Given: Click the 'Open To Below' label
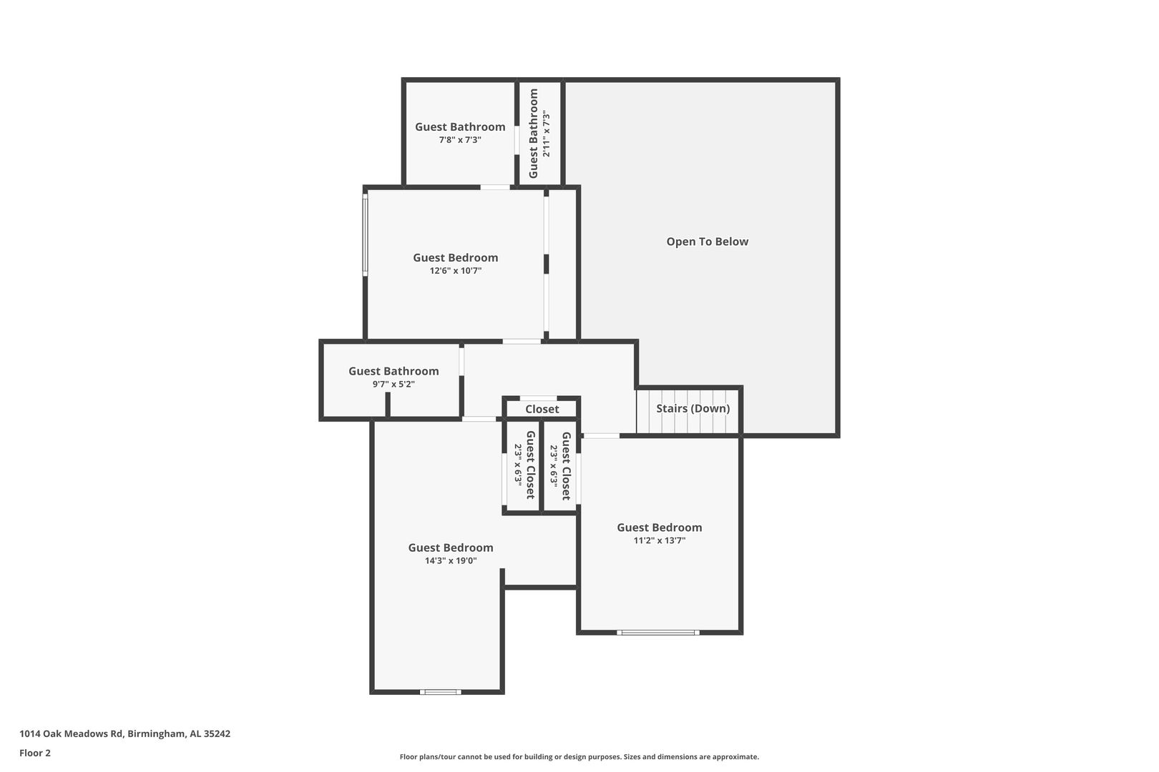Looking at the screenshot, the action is pos(707,242).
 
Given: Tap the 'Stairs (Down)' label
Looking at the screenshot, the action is pos(693,408).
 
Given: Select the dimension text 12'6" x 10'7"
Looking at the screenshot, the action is pos(455,270).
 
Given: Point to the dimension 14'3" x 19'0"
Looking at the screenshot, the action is pos(451,560).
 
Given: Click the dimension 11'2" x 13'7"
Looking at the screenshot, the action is pos(659,540).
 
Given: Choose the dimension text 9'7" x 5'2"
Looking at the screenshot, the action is pos(393,384).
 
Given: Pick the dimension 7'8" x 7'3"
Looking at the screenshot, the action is pos(460,139).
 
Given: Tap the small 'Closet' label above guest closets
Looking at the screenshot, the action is pos(542,409).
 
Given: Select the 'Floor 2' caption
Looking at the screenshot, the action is pos(35,753).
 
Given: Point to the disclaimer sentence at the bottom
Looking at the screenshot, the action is pos(579,756).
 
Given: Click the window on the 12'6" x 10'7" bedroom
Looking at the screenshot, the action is pos(365,235).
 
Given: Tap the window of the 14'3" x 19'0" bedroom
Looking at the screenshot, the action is pos(440,692).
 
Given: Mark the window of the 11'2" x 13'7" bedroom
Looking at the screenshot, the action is pos(657,633).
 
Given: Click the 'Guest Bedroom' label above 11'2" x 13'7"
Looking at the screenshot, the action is pos(659,528).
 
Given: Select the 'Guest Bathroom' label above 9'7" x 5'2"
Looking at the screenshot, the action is pos(393,371).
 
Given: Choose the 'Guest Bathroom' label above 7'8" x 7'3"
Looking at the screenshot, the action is pos(460,127).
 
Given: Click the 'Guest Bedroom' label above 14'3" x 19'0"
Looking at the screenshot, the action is pos(451,548).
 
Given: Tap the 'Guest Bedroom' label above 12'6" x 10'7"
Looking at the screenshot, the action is pos(455,257).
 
